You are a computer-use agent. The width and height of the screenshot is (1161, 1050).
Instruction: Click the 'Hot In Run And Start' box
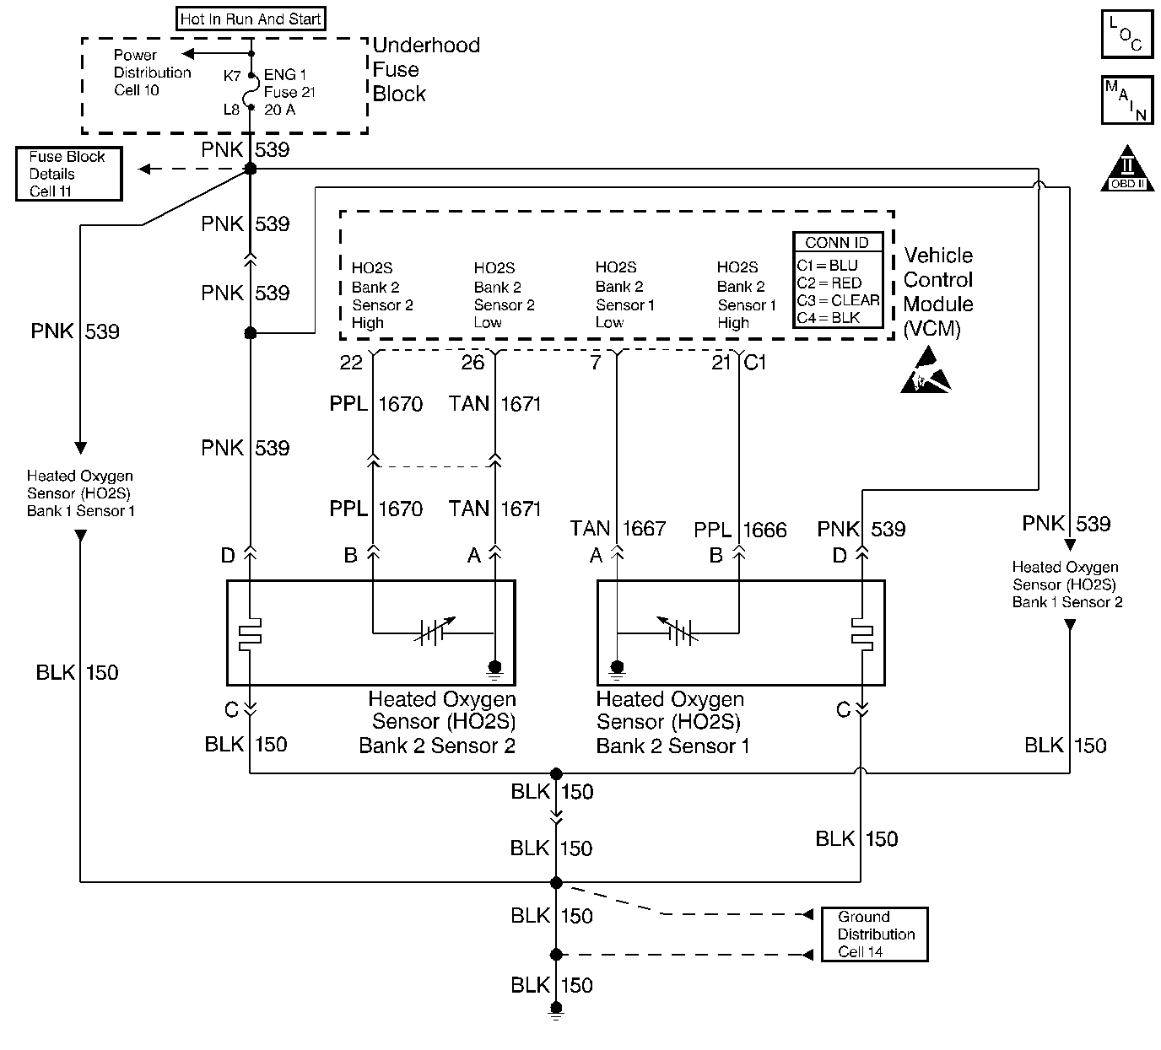[x=251, y=19]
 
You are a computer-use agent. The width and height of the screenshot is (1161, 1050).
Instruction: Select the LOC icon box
[x=1127, y=34]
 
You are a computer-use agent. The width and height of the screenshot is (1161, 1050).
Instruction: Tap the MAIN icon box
[x=1127, y=100]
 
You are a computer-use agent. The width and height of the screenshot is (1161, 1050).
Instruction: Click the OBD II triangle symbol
[x=1128, y=169]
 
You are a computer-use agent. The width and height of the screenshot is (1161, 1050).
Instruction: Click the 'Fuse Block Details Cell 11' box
[x=68, y=174]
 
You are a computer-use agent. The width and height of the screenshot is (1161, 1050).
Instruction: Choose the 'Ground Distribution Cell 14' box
[x=875, y=934]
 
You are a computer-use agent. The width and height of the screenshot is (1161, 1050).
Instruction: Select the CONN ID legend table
[x=838, y=281]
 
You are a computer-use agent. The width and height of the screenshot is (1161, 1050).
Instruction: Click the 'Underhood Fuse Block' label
[x=425, y=70]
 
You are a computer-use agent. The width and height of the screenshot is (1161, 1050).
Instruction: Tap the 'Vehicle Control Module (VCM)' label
[x=937, y=292]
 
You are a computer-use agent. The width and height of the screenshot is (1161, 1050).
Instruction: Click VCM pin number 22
[x=351, y=363]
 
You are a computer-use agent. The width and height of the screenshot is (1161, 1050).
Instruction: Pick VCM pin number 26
[x=472, y=363]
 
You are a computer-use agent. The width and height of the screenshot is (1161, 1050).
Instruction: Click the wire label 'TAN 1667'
[x=618, y=529]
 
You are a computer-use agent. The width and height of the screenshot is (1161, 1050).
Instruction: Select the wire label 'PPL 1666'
[x=740, y=530]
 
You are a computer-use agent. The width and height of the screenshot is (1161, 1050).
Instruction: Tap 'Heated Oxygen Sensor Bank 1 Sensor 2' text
[x=1066, y=584]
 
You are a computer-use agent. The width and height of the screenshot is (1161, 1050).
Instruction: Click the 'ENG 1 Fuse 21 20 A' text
[x=289, y=92]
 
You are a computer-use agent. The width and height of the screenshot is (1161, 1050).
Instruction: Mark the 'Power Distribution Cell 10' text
[x=152, y=73]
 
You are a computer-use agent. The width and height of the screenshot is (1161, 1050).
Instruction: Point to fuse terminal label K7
[x=232, y=76]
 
